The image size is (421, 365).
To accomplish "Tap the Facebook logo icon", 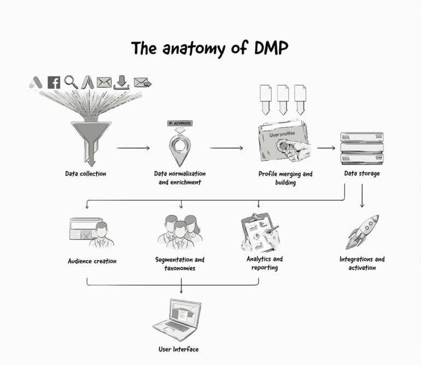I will point(54,83).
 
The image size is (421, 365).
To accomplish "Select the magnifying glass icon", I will point(71,82).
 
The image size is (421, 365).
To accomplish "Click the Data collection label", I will point(85,174).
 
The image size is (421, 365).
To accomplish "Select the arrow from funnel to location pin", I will point(133,148).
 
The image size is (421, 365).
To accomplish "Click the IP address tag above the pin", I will point(179,124).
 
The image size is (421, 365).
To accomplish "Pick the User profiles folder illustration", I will point(283,142).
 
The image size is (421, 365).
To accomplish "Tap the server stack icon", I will point(361,148).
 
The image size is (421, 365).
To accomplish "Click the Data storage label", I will point(361,174).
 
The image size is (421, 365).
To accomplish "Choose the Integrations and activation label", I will point(361,263).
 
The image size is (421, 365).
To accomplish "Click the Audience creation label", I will point(92,261).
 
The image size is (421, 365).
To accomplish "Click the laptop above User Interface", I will point(178,318).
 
